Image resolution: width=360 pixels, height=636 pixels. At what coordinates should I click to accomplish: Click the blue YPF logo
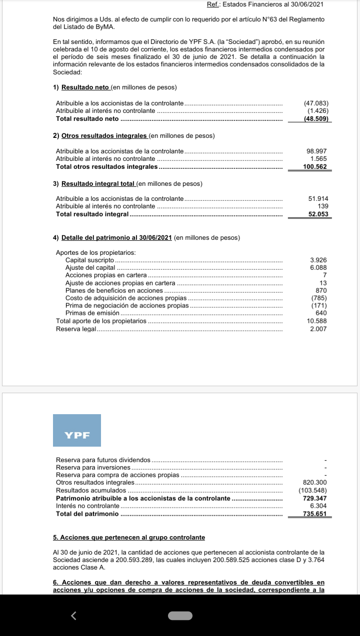pyautogui.click(x=77, y=430)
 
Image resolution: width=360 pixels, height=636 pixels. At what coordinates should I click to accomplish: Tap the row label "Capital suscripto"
pyautogui.click(x=90, y=260)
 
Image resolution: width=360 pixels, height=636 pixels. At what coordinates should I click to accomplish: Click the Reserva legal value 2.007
pyautogui.click(x=318, y=329)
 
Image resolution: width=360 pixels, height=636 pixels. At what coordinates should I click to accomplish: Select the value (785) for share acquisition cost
pyautogui.click(x=319, y=298)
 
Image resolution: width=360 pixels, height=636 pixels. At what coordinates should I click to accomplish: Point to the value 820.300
pyautogui.click(x=315, y=483)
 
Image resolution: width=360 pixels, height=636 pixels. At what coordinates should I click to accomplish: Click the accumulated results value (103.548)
pyautogui.click(x=312, y=491)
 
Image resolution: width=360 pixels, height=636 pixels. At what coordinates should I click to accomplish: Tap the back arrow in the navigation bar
pyautogui.click(x=74, y=616)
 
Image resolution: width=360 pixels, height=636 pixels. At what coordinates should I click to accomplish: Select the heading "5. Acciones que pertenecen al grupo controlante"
pyautogui.click(x=128, y=538)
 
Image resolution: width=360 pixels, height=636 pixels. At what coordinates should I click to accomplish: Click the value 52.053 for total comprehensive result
pyautogui.click(x=318, y=214)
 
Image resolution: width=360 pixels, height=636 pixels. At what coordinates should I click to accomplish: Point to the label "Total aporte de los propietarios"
pyautogui.click(x=101, y=321)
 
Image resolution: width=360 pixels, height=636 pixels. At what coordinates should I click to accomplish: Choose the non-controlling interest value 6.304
pyautogui.click(x=318, y=506)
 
